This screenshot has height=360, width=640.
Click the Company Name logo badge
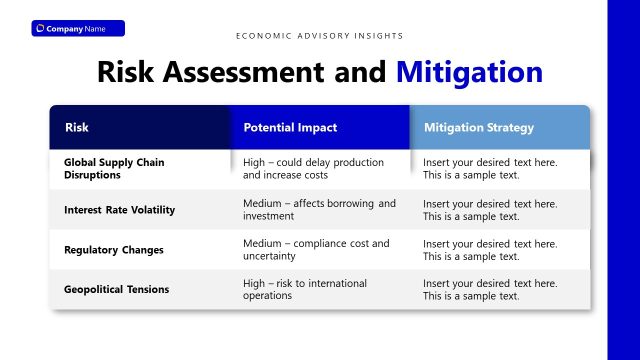[77, 28]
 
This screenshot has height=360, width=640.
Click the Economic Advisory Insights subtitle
[320, 36]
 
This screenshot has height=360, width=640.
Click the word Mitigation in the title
[469, 72]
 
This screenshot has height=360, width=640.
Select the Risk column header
[77, 128]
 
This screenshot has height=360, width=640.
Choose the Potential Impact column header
[290, 128]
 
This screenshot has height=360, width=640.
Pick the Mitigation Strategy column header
[479, 128]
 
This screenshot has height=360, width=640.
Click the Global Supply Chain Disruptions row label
[114, 168]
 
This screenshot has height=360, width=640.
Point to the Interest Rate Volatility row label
[119, 210]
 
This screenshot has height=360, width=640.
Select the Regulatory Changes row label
[113, 250]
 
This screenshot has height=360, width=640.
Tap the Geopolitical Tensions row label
[116, 289]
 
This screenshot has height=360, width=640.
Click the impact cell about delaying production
[313, 168]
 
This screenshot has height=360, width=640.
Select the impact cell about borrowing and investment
[319, 209]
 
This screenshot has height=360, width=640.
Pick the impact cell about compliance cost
[316, 249]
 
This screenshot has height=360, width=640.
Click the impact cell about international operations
[305, 289]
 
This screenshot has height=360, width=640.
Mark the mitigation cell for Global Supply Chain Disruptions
[490, 168]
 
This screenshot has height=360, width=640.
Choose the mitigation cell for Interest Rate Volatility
[490, 209]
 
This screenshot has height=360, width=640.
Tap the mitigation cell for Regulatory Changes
[490, 249]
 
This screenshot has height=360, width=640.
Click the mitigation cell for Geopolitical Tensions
[490, 289]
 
